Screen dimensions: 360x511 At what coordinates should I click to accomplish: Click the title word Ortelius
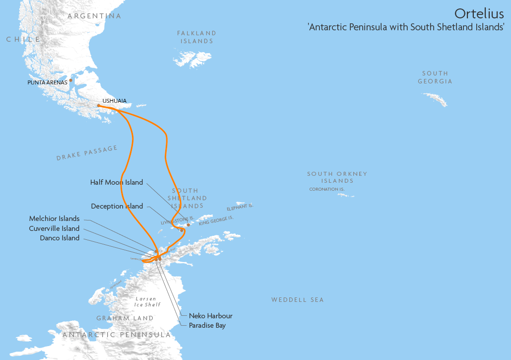pos(479,13)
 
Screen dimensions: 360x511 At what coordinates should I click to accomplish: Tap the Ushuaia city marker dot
pos(99,105)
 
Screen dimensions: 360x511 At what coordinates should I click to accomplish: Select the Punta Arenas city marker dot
pos(71,80)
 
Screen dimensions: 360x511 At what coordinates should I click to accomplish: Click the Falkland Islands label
pos(197,37)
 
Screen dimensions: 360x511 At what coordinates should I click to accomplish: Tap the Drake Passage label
pos(87,153)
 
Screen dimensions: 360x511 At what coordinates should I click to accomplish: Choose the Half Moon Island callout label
pos(117,182)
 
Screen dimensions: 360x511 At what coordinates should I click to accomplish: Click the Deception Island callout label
pos(117,206)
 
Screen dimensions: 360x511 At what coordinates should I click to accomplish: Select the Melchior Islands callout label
pos(54,218)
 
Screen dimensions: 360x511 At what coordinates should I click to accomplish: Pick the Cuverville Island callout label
pos(54,228)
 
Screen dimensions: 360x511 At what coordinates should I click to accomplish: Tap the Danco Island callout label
pos(60,238)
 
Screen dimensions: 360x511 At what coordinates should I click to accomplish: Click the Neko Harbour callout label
pos(210,316)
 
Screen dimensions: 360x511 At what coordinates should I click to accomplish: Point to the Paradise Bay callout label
pos(207,326)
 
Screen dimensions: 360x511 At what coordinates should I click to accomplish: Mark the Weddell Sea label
pos(297,300)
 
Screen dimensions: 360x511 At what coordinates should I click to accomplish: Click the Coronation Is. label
pos(326,189)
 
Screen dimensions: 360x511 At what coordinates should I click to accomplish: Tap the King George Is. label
pos(216,221)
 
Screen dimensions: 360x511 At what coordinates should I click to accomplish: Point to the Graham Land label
pos(125,318)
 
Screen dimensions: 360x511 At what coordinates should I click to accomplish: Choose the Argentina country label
pos(94,16)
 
